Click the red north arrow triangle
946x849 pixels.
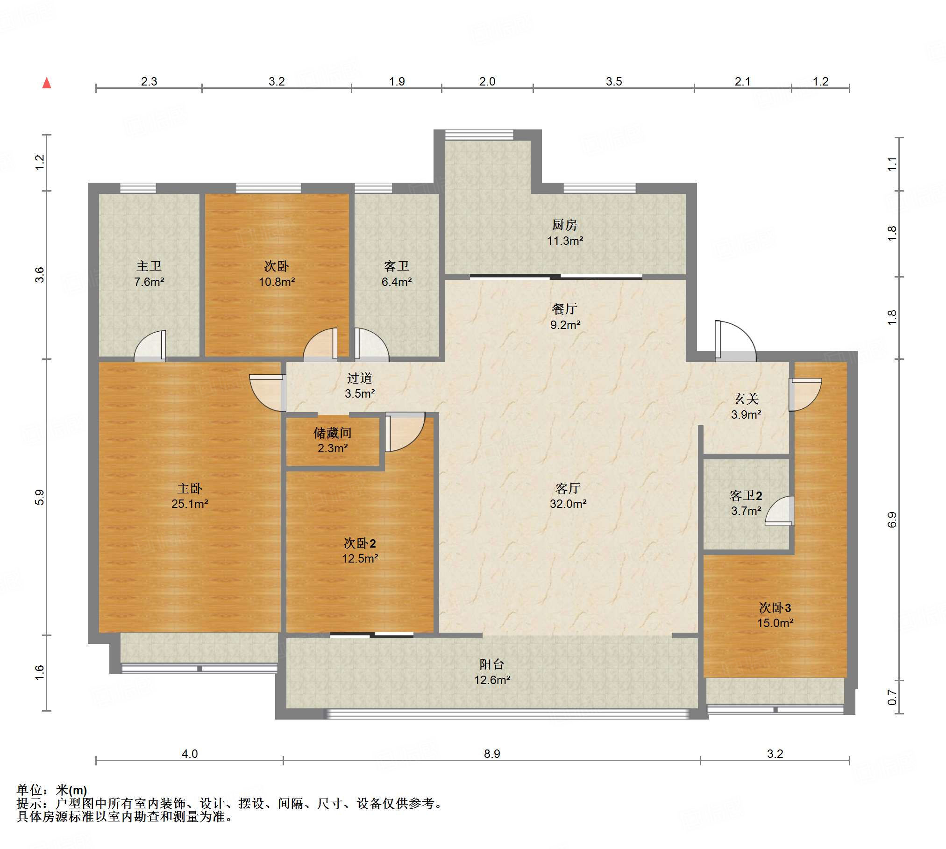pyautogui.click(x=47, y=83)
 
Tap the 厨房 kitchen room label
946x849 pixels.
pyautogui.click(x=565, y=225)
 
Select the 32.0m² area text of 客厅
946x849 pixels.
pyautogui.click(x=568, y=504)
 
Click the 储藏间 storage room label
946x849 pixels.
pyautogui.click(x=333, y=433)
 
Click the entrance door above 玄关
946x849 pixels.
pyautogui.click(x=735, y=341)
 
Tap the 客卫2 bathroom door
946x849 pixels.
pyautogui.click(x=780, y=510)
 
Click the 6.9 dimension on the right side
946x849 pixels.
pyautogui.click(x=892, y=520)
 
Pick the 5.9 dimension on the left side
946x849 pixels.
pyautogui.click(x=39, y=497)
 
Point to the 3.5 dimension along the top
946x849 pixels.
pyautogui.click(x=614, y=81)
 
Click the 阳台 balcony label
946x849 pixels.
pyautogui.click(x=492, y=664)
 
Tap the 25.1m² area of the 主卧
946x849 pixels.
pyautogui.click(x=190, y=504)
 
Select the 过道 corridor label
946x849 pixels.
pyautogui.click(x=360, y=378)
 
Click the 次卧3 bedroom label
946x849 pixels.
pyautogui.click(x=775, y=608)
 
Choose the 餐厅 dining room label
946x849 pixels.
pyautogui.click(x=565, y=309)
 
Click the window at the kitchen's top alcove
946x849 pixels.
pyautogui.click(x=479, y=135)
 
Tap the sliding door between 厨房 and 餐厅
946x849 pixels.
pyautogui.click(x=556, y=277)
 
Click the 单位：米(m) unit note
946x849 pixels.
pyautogui.click(x=52, y=790)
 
